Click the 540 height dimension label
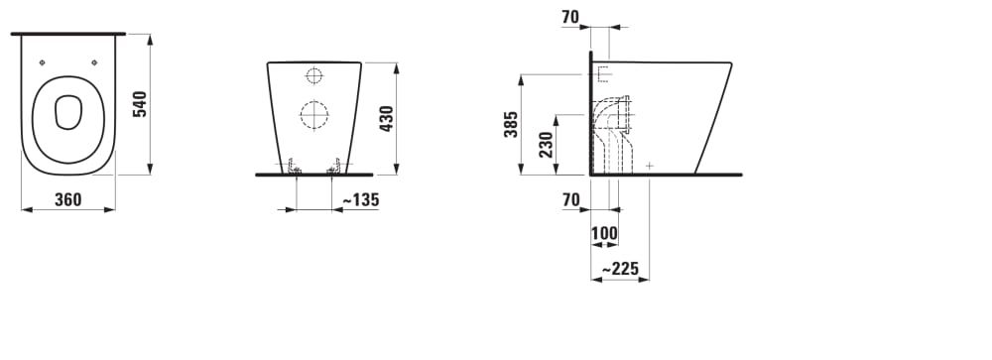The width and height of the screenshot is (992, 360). (x=141, y=104)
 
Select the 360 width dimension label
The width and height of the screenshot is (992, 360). (x=68, y=200)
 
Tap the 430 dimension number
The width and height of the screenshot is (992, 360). (x=387, y=118)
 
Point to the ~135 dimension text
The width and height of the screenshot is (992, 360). (x=361, y=200)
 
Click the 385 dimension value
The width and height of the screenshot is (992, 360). (x=511, y=124)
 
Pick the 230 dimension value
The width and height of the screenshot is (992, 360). (x=547, y=144)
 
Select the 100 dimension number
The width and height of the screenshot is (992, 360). (x=604, y=233)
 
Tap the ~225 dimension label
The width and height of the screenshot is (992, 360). (x=620, y=270)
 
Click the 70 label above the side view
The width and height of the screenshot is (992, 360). (x=570, y=18)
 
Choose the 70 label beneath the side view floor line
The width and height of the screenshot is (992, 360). (x=570, y=200)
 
